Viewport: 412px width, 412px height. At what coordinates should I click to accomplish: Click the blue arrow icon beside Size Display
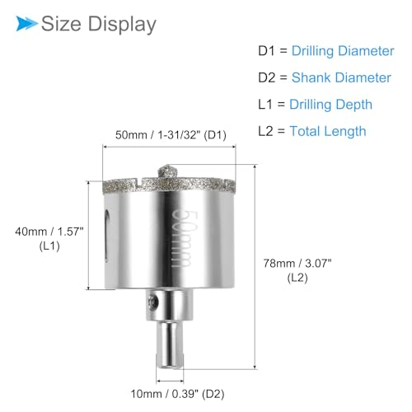[26, 23]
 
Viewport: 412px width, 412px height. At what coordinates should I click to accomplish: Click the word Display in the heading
[122, 25]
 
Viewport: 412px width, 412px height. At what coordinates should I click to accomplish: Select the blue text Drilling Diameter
[343, 51]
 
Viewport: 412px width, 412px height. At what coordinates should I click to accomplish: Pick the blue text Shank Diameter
[341, 77]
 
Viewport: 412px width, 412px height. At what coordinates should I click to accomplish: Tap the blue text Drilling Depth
[330, 105]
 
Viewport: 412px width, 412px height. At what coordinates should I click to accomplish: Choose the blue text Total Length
[328, 131]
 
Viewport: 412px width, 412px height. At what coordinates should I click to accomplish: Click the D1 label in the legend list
[266, 51]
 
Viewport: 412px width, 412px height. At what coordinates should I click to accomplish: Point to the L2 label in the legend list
[265, 131]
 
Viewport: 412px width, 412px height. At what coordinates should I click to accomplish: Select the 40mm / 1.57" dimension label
[49, 232]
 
